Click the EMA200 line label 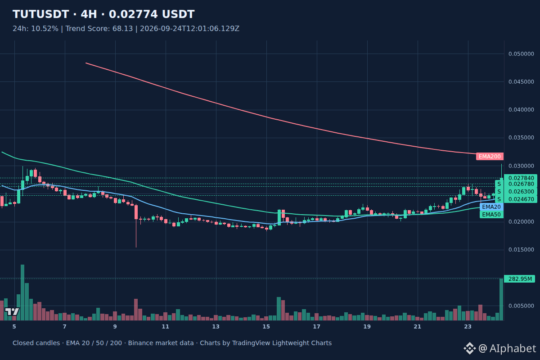click(x=490, y=157)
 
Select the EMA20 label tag click(x=491, y=207)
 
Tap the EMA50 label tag click(x=491, y=215)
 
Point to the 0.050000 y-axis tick click(x=521, y=54)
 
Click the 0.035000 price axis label click(x=521, y=138)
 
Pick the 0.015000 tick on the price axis click(x=521, y=250)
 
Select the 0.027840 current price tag click(x=521, y=178)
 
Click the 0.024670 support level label click(x=521, y=199)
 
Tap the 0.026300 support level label click(x=521, y=191)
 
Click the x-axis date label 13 click(x=216, y=327)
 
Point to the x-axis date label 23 click(x=468, y=327)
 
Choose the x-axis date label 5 click(x=14, y=327)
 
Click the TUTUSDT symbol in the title click(x=41, y=14)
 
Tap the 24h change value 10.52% click(x=45, y=29)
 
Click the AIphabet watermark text click(x=513, y=349)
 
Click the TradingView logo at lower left click(x=12, y=311)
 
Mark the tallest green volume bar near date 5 click(x=22, y=292)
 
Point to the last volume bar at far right click(x=501, y=300)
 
